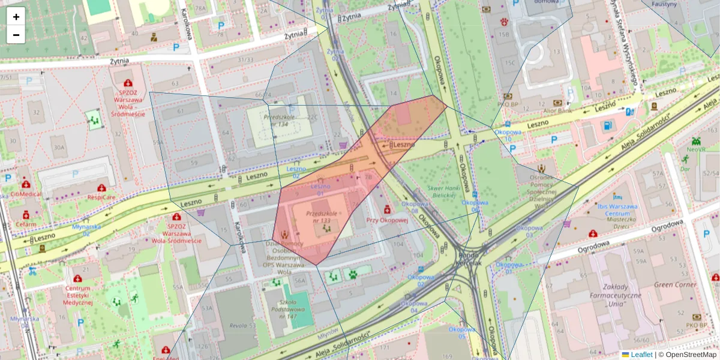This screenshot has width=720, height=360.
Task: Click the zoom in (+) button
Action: click(x=16, y=17)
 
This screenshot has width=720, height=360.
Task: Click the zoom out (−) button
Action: click(x=16, y=35)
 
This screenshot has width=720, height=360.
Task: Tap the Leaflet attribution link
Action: click(x=641, y=355)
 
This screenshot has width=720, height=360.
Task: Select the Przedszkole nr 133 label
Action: click(x=318, y=217)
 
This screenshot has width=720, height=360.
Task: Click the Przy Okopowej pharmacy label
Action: click(x=387, y=220)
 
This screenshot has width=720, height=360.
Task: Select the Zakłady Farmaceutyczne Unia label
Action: click(x=614, y=295)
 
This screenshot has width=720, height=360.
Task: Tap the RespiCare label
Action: click(x=101, y=197)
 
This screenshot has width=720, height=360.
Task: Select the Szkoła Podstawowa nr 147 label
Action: click(x=284, y=310)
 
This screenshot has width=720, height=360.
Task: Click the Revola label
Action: click(x=238, y=326)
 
